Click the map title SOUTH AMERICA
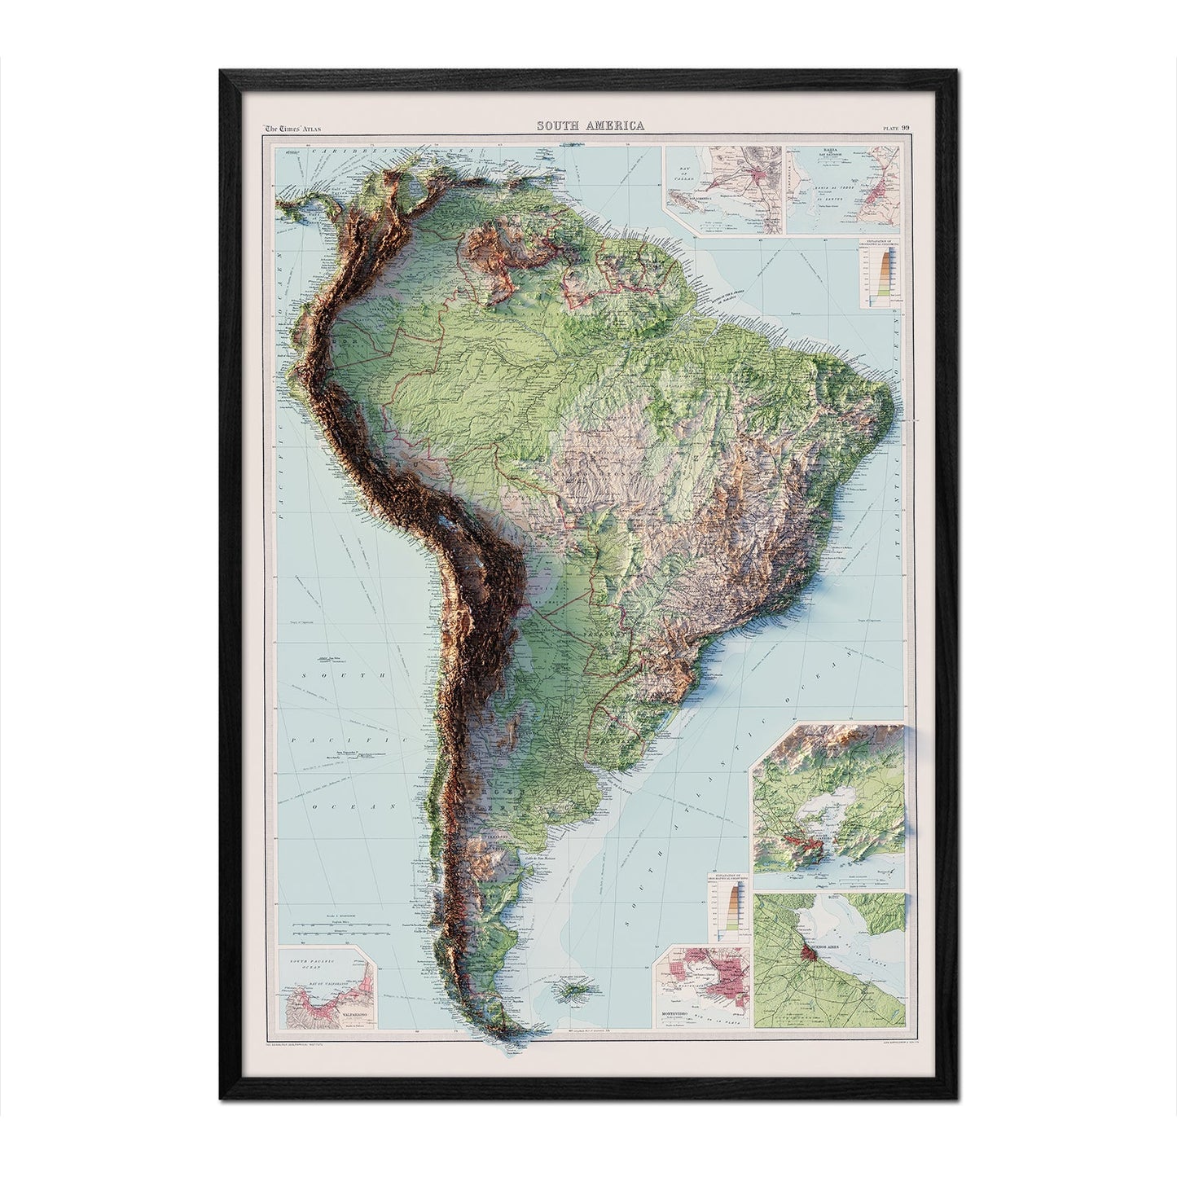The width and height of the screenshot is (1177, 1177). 589,125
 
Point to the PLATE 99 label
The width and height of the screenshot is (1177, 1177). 894,126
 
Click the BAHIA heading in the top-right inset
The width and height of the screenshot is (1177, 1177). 810,150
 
